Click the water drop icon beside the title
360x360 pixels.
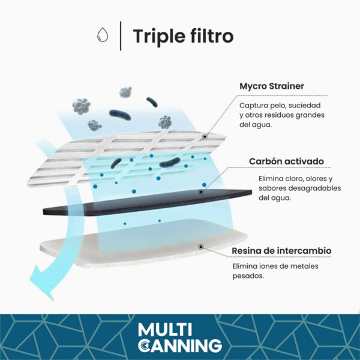103,35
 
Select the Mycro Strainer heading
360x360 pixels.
272,86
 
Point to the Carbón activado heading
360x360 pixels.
287,161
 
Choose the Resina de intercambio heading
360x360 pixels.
281,250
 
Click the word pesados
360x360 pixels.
248,276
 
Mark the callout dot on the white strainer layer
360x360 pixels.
205,137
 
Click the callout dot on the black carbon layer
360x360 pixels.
201,192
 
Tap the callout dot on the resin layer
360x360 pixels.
201,247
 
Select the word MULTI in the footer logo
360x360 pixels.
165,329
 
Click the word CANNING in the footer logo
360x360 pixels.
180,346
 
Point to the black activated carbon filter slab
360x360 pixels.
147,203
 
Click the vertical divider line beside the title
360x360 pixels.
121,36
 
